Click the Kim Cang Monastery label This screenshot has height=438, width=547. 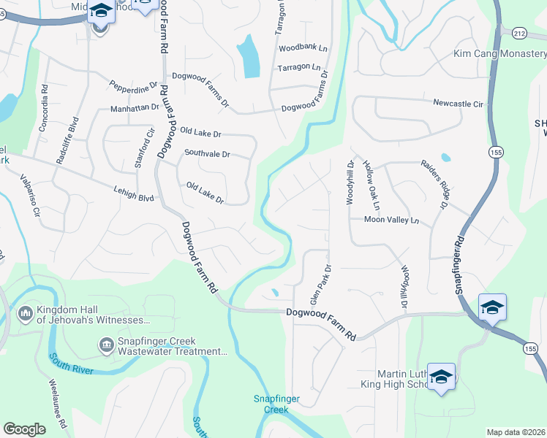[x=499, y=54]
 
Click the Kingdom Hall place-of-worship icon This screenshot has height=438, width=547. [x=25, y=314]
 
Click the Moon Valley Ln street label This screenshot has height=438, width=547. [x=392, y=220]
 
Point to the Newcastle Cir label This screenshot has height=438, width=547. [x=458, y=104]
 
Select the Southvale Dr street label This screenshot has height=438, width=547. [x=207, y=154]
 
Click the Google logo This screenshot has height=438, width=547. [x=25, y=429]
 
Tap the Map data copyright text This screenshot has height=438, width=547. [x=516, y=432]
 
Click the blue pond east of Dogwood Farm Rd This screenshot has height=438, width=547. [x=249, y=56]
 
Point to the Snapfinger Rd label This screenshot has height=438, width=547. [x=459, y=264]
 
